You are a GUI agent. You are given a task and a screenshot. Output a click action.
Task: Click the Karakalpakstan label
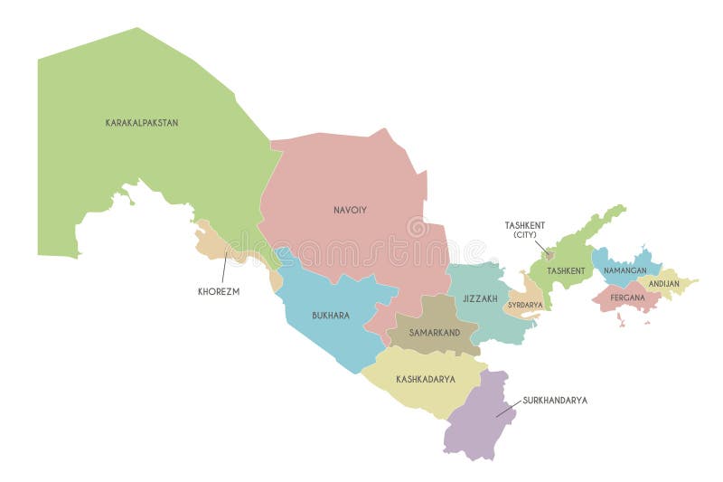[x=142, y=123]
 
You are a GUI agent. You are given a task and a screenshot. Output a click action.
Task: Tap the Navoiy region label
[x=350, y=210]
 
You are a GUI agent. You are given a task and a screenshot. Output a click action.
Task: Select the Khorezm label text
[x=219, y=292]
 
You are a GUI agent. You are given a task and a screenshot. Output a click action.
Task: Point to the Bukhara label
[x=330, y=316]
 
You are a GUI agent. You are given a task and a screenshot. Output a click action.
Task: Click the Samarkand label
[x=435, y=333]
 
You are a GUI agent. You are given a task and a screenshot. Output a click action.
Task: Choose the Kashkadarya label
[x=425, y=380]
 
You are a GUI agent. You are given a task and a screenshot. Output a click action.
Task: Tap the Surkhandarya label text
[x=555, y=400]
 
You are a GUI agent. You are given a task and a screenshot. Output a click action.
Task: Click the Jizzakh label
[x=480, y=298]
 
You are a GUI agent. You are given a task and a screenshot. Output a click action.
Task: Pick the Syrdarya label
[x=525, y=306]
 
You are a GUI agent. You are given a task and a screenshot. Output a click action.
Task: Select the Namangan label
[x=625, y=270]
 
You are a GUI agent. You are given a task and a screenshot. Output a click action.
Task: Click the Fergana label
[x=627, y=297]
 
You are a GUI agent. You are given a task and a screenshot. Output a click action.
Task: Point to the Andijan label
[x=664, y=284]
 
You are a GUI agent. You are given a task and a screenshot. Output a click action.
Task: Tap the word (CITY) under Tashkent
[x=525, y=235]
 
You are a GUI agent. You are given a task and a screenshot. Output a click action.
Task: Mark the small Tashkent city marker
[x=548, y=254]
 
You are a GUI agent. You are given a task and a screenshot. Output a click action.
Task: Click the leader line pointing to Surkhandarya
[x=508, y=408]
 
